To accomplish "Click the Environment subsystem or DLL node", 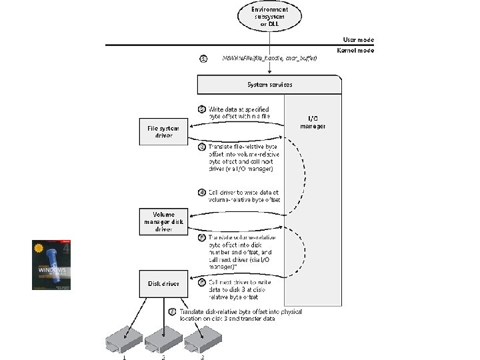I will pyautogui.click(x=270, y=16).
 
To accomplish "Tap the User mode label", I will pyautogui.click(x=358, y=40).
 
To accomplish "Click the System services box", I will pyautogui.click(x=270, y=85).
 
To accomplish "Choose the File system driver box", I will pyautogui.click(x=164, y=131).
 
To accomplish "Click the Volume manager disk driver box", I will pyautogui.click(x=164, y=221).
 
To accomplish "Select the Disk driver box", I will pyautogui.click(x=164, y=283).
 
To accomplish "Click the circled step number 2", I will pyautogui.click(x=201, y=109).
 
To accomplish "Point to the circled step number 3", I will pyautogui.click(x=201, y=146).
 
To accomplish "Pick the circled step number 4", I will pyautogui.click(x=201, y=192).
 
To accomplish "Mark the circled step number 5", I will pyautogui.click(x=201, y=237).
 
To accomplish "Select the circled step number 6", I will pyautogui.click(x=201, y=282).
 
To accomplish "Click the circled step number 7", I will pyautogui.click(x=173, y=311).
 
